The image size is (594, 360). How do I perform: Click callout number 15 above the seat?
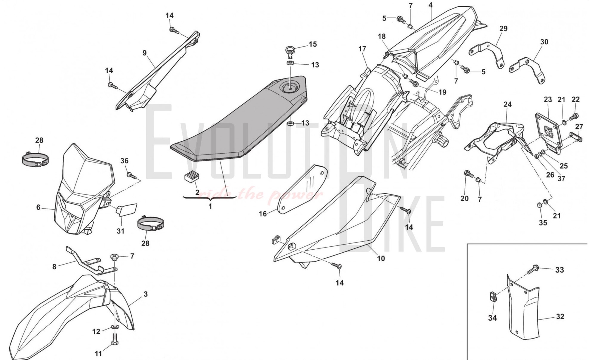313,44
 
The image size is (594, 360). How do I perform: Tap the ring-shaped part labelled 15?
290,49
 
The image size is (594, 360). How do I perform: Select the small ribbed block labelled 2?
189,177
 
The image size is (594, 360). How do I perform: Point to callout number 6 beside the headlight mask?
38,207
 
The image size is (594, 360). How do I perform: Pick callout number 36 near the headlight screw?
124,161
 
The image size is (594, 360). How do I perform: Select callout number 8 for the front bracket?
54,267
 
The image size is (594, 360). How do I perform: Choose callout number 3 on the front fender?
145,294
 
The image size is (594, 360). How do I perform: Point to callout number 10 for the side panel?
381,258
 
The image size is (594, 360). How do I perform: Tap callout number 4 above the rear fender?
430,5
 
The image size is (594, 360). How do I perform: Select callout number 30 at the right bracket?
544,42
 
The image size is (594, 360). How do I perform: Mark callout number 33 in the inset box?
559,270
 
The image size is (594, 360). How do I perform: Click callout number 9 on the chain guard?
144,53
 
